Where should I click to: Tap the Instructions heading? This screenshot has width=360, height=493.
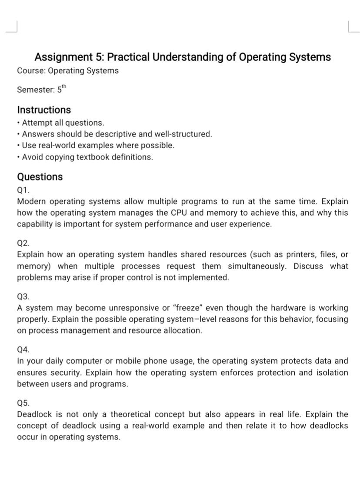(x=44, y=110)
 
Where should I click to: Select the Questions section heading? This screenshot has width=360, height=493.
(x=40, y=177)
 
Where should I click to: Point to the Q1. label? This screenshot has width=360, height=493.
(x=23, y=190)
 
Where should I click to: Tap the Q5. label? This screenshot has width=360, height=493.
(x=23, y=403)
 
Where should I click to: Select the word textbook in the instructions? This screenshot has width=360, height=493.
(x=94, y=157)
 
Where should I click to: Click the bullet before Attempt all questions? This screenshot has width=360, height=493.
(x=19, y=123)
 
